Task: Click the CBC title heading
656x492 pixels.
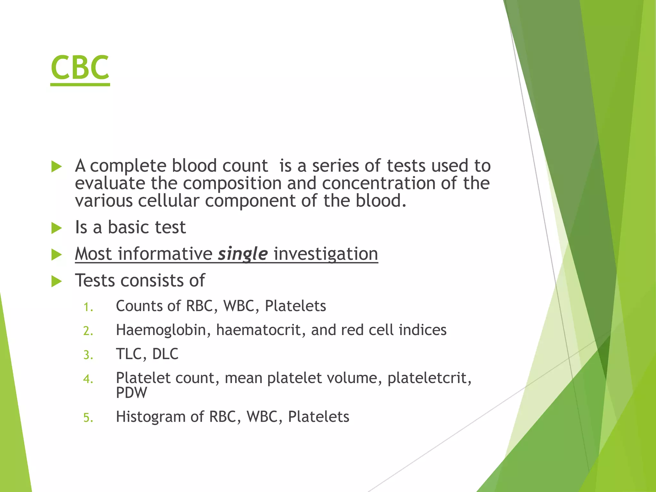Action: point(80,68)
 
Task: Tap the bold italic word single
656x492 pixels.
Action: point(242,254)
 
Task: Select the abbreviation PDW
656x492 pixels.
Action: point(131,393)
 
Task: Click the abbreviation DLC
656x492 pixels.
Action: point(165,354)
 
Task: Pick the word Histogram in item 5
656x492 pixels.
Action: point(151,417)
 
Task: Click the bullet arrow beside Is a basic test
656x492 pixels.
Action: point(56,228)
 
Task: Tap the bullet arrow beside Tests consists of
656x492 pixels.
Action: point(56,281)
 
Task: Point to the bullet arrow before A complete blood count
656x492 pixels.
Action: point(56,167)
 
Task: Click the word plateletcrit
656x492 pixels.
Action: point(429,378)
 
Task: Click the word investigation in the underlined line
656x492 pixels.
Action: point(326,254)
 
